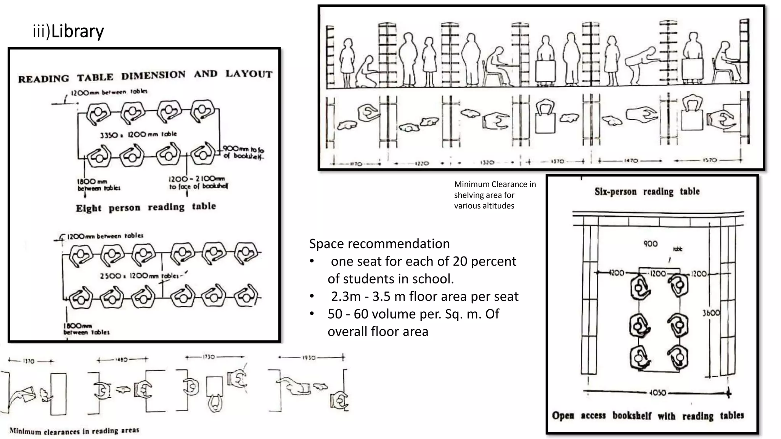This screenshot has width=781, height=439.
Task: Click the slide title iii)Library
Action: [68, 31]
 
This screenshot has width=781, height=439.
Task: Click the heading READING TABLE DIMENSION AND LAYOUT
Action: [145, 76]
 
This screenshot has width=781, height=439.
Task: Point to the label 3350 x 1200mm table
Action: [138, 135]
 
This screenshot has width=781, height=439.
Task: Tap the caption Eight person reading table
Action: [146, 207]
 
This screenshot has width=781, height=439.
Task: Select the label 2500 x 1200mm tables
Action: [139, 276]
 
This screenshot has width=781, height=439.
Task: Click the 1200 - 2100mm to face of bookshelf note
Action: [198, 182]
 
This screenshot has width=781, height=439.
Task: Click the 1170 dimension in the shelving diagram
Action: [355, 163]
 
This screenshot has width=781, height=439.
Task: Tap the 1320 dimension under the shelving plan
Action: [487, 163]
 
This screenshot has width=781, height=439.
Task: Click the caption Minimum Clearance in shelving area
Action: [495, 195]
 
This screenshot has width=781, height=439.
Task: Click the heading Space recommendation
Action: [379, 244]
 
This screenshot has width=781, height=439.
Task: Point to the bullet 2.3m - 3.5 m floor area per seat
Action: [424, 296]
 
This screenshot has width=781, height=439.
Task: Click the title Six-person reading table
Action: [647, 191]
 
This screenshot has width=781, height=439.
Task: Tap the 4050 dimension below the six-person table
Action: [657, 393]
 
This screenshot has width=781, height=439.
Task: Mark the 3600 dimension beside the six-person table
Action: [711, 313]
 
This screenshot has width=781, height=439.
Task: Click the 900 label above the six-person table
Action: [651, 244]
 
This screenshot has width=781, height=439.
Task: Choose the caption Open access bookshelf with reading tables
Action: [648, 415]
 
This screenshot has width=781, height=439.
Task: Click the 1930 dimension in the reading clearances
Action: [309, 357]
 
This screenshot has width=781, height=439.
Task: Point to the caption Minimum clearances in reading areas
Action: [74, 431]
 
